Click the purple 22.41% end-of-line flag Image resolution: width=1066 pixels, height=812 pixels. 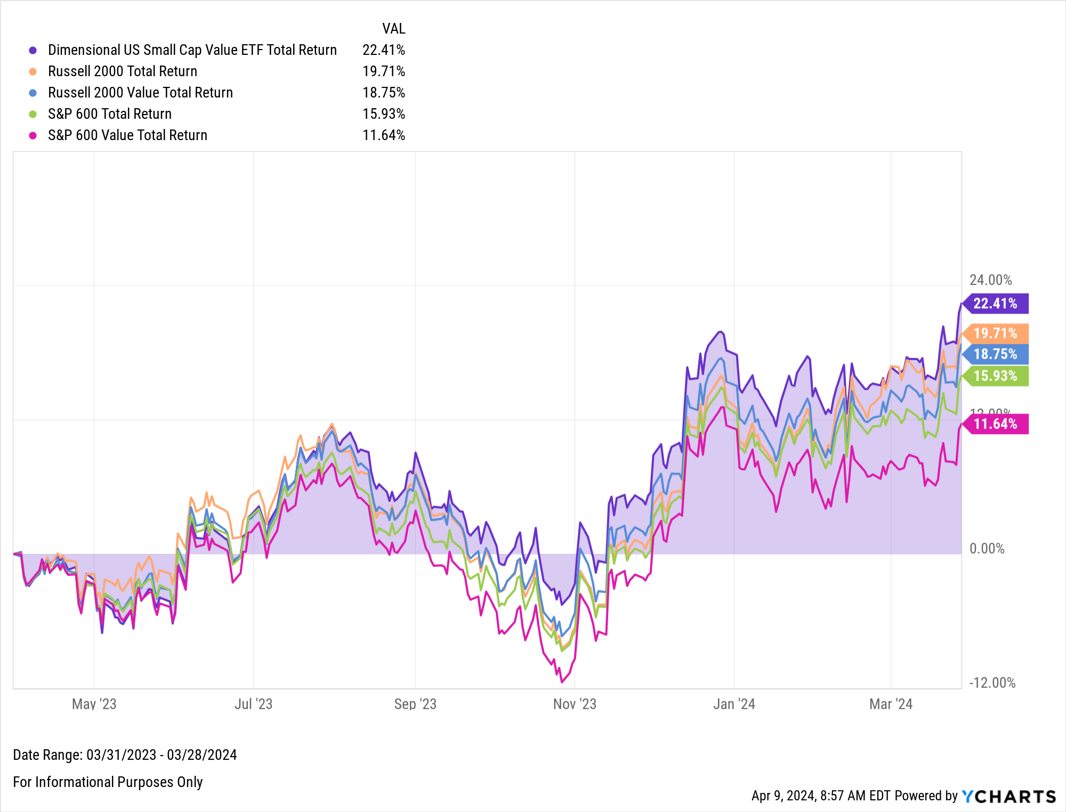[x=995, y=304]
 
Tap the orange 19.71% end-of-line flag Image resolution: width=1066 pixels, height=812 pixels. [x=995, y=334]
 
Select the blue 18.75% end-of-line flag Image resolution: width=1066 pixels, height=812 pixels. [x=995, y=354]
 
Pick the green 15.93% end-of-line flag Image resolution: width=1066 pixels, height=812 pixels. [x=995, y=376]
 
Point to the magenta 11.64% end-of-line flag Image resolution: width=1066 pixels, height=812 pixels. [x=995, y=424]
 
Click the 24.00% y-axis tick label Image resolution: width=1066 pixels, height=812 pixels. [x=990, y=280]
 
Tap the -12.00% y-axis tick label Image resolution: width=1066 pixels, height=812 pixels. [x=992, y=683]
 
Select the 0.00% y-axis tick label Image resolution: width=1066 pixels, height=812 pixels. [x=987, y=549]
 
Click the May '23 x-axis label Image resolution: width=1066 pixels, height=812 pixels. [x=94, y=704]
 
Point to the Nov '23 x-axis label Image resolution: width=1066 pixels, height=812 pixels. [x=575, y=704]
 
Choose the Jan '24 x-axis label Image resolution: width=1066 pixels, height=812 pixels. [x=734, y=704]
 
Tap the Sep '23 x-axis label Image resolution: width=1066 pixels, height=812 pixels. [x=415, y=704]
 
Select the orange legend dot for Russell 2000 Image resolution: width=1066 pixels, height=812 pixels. [x=33, y=71]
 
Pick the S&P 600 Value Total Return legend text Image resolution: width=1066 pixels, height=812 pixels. [x=127, y=135]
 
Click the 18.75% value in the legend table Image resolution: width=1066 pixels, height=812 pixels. [x=384, y=93]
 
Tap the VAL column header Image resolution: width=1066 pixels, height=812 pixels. [x=393, y=29]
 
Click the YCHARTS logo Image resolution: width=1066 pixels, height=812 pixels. [x=1008, y=797]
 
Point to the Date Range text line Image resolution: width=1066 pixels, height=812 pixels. [x=125, y=755]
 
